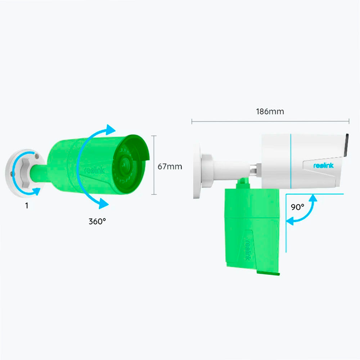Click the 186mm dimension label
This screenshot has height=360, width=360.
(270, 112)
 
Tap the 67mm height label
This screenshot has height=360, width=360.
(170, 166)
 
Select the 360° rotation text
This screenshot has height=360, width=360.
(97, 221)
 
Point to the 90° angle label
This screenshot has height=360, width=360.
(297, 207)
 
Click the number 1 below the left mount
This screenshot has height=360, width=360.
(27, 206)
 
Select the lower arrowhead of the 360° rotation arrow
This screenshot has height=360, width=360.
(103, 203)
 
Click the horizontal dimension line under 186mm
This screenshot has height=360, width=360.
(270, 122)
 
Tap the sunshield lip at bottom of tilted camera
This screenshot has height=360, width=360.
(268, 273)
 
